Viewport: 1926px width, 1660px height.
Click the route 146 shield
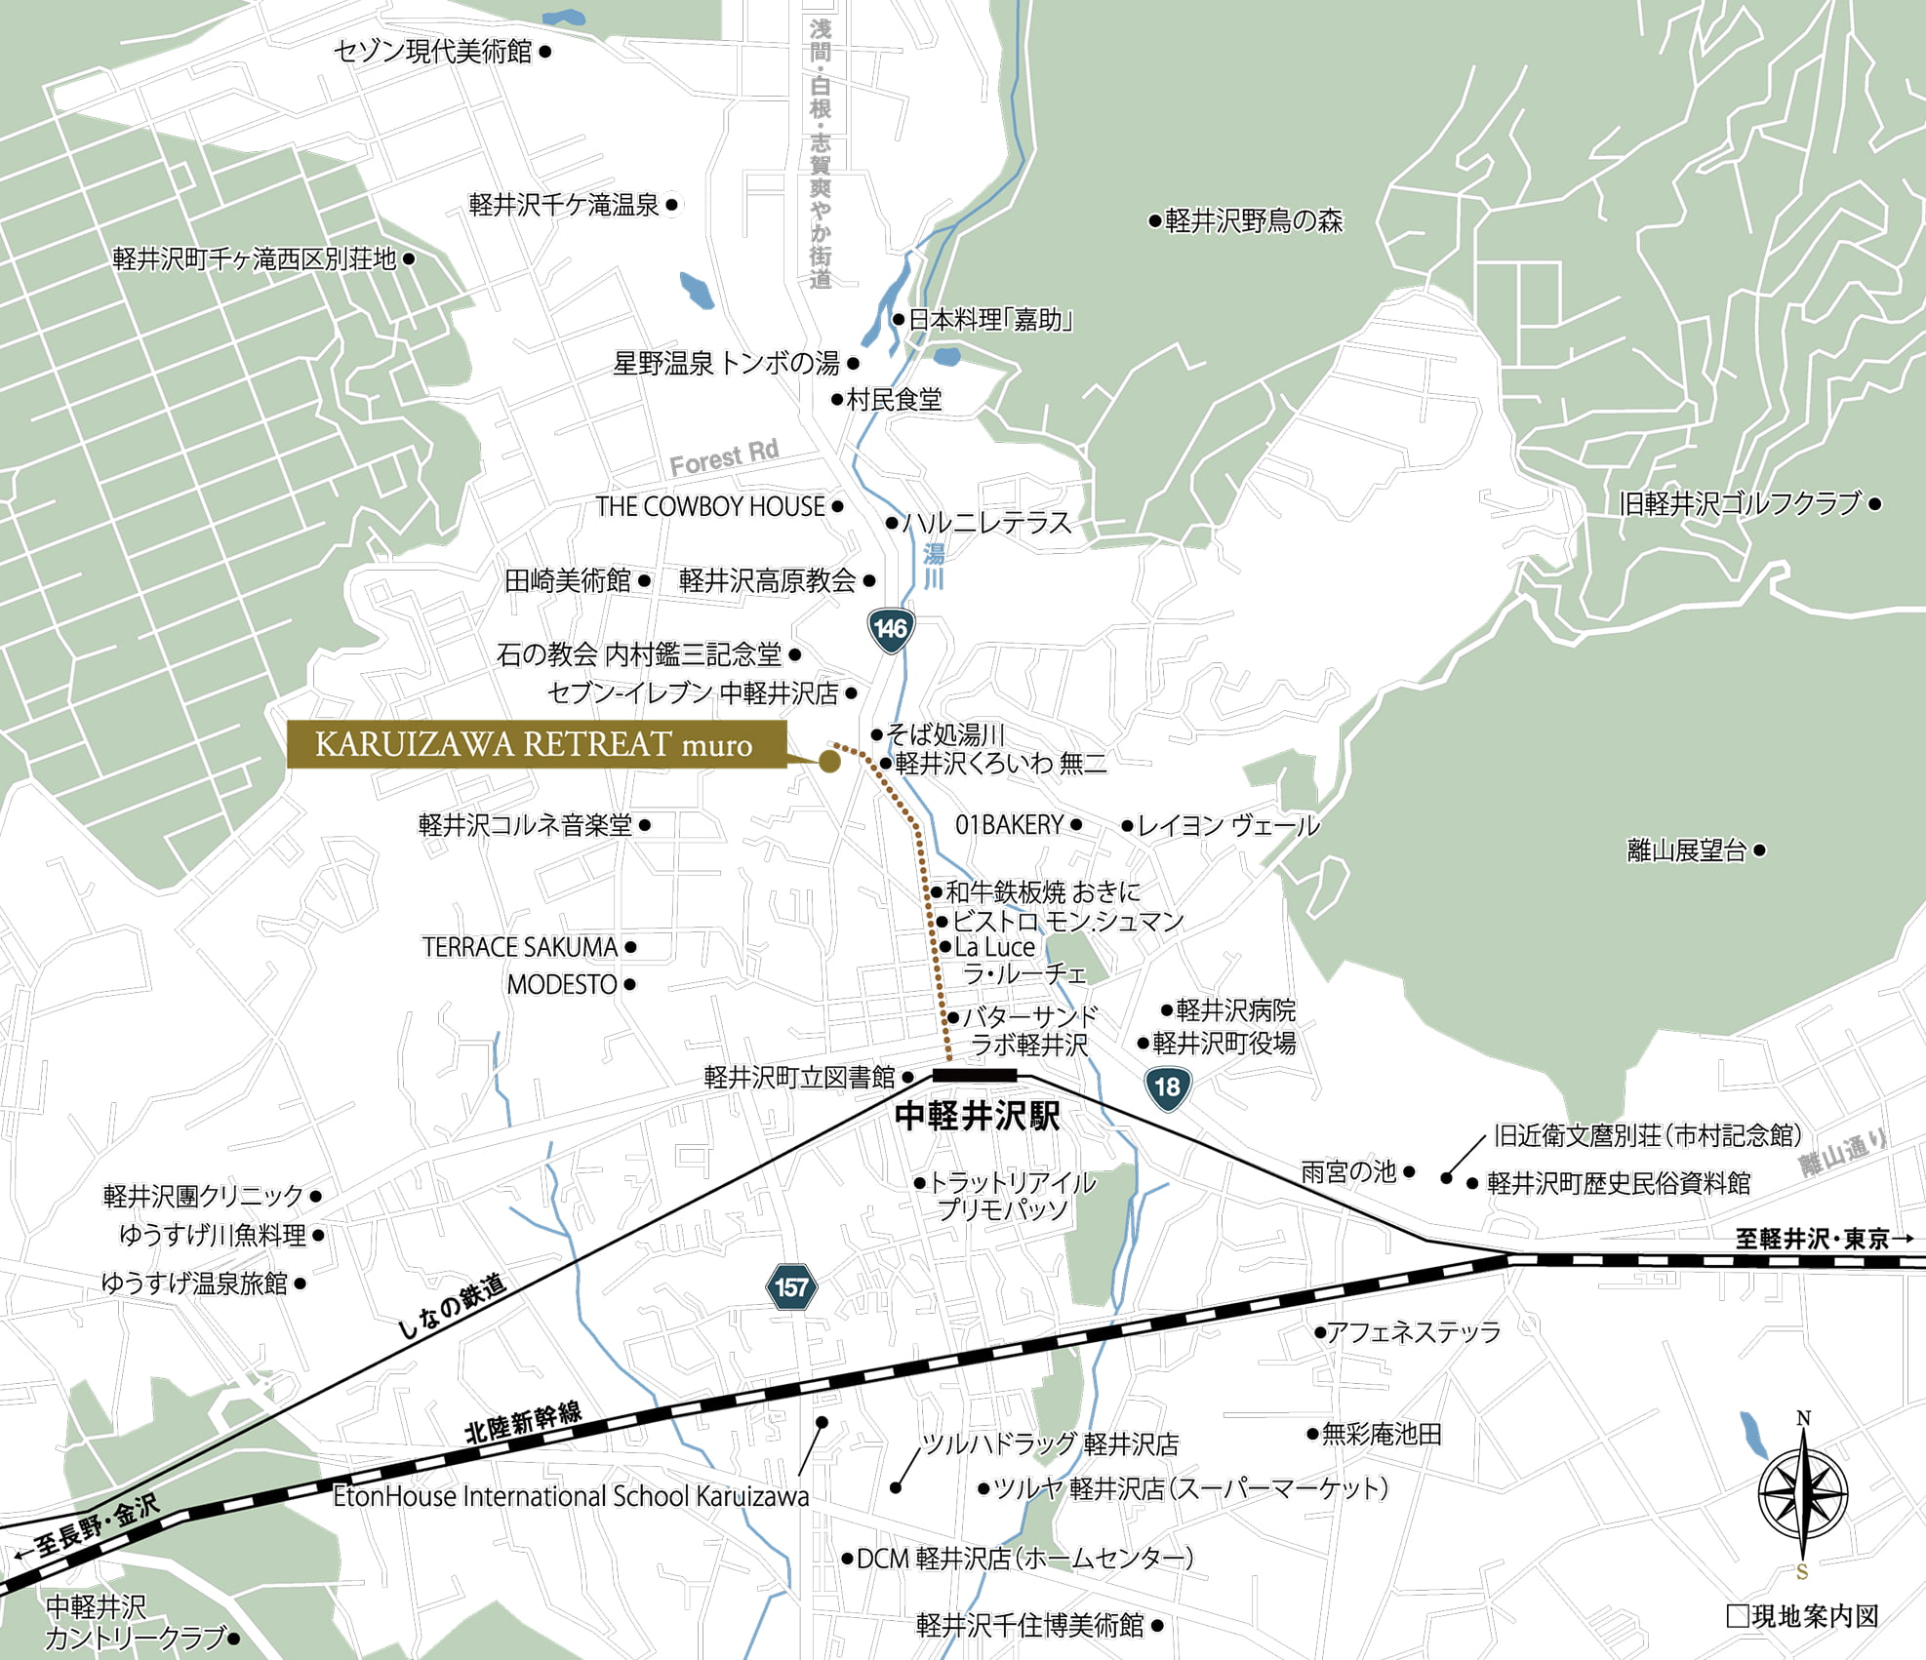click(x=890, y=629)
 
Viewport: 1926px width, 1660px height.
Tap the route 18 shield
click(x=1167, y=1087)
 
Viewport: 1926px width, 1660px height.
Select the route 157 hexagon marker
click(x=790, y=1287)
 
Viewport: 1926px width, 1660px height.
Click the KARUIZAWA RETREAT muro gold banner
click(x=536, y=745)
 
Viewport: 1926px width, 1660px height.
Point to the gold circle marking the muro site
click(x=829, y=762)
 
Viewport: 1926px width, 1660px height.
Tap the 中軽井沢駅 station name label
click(x=977, y=1116)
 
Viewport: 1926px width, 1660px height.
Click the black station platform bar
click(x=975, y=1075)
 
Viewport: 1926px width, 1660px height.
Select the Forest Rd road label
click(x=724, y=457)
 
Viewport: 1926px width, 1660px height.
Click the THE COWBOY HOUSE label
click(x=710, y=507)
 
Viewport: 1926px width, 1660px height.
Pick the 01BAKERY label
click(x=1009, y=825)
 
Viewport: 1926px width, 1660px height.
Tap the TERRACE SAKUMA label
click(x=520, y=947)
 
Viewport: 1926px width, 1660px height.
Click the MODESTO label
click(x=562, y=985)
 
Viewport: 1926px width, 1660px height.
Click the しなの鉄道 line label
click(x=452, y=1306)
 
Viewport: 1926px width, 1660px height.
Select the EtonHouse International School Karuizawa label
click(x=571, y=1496)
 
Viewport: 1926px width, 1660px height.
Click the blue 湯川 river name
click(x=934, y=567)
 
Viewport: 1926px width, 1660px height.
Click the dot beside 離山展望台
click(x=1759, y=850)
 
